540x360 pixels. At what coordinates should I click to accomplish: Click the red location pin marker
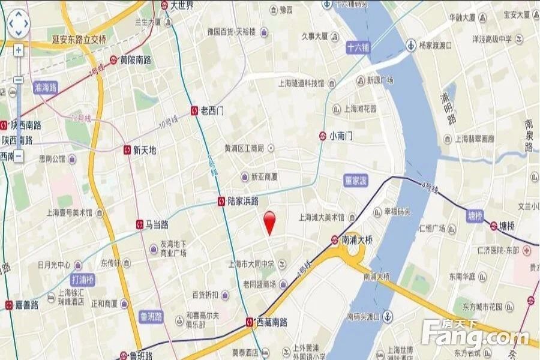pos(270,222)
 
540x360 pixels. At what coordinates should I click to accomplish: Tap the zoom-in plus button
pos(19,50)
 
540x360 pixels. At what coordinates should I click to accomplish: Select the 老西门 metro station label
pos(212,110)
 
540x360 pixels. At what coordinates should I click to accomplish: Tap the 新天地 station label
pos(145,150)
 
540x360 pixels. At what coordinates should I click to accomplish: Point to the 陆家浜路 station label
pos(243,202)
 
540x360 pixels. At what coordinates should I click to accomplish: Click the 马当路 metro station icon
pos(140,224)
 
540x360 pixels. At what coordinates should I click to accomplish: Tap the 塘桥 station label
pos(507,226)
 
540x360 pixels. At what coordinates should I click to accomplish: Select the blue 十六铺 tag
pos(359,47)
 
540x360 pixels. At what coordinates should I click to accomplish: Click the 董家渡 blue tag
pos(355,181)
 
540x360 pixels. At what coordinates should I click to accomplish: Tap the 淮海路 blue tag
pos(46,87)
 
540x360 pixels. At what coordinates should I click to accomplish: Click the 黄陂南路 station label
pos(135,60)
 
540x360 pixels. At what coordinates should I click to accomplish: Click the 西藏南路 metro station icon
pos(250,322)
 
